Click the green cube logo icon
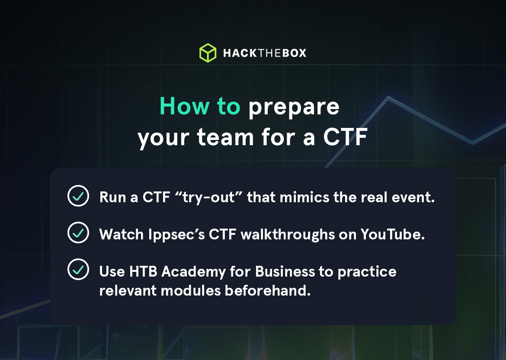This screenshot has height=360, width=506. pyautogui.click(x=208, y=53)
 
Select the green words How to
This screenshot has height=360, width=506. pyautogui.click(x=200, y=106)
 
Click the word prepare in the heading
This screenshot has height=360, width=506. pyautogui.click(x=294, y=106)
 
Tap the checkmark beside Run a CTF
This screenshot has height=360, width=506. pyautogui.click(x=78, y=197)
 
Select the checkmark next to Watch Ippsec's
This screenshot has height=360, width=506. pyautogui.click(x=78, y=233)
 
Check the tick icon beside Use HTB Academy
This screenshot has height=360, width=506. pyautogui.click(x=78, y=270)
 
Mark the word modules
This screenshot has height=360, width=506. pyautogui.click(x=191, y=290)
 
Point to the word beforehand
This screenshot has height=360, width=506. pyautogui.click(x=268, y=290)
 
